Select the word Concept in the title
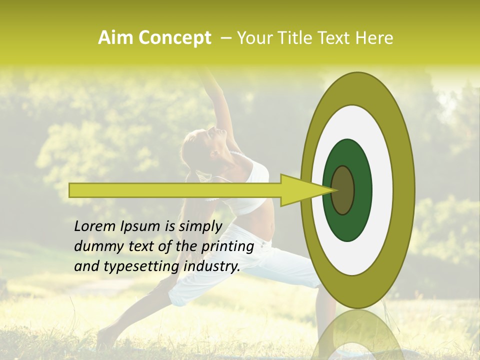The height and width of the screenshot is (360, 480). tap(174, 38)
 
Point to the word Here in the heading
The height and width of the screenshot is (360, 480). tap(375, 38)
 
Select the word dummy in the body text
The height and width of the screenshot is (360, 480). tap(95, 246)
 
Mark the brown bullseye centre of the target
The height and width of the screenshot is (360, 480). tap(342, 190)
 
